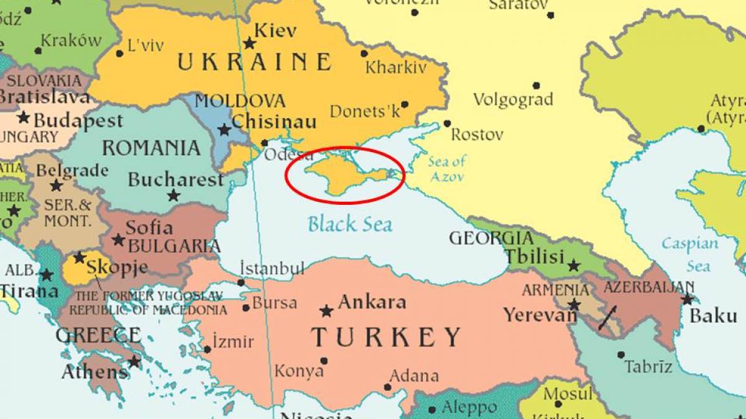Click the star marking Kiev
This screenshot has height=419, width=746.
[x=249, y=43]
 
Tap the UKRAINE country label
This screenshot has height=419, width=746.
[x=254, y=62]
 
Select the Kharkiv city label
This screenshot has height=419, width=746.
[x=396, y=67]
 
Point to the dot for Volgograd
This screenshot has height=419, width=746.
[x=536, y=86]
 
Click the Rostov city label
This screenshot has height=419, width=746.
[x=477, y=134]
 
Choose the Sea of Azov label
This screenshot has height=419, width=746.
[x=446, y=169]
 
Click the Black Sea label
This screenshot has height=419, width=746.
[x=350, y=223]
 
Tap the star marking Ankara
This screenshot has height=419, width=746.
[x=326, y=310]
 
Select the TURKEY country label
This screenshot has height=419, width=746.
[x=386, y=337]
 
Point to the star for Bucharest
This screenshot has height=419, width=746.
[x=173, y=196]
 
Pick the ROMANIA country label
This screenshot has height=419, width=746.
[x=151, y=148]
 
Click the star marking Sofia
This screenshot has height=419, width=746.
[x=118, y=240]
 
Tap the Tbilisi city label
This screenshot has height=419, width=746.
[x=534, y=256]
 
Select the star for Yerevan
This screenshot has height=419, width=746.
[x=574, y=305]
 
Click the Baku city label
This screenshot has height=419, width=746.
[x=713, y=315]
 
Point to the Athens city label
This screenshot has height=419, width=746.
[x=94, y=372]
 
